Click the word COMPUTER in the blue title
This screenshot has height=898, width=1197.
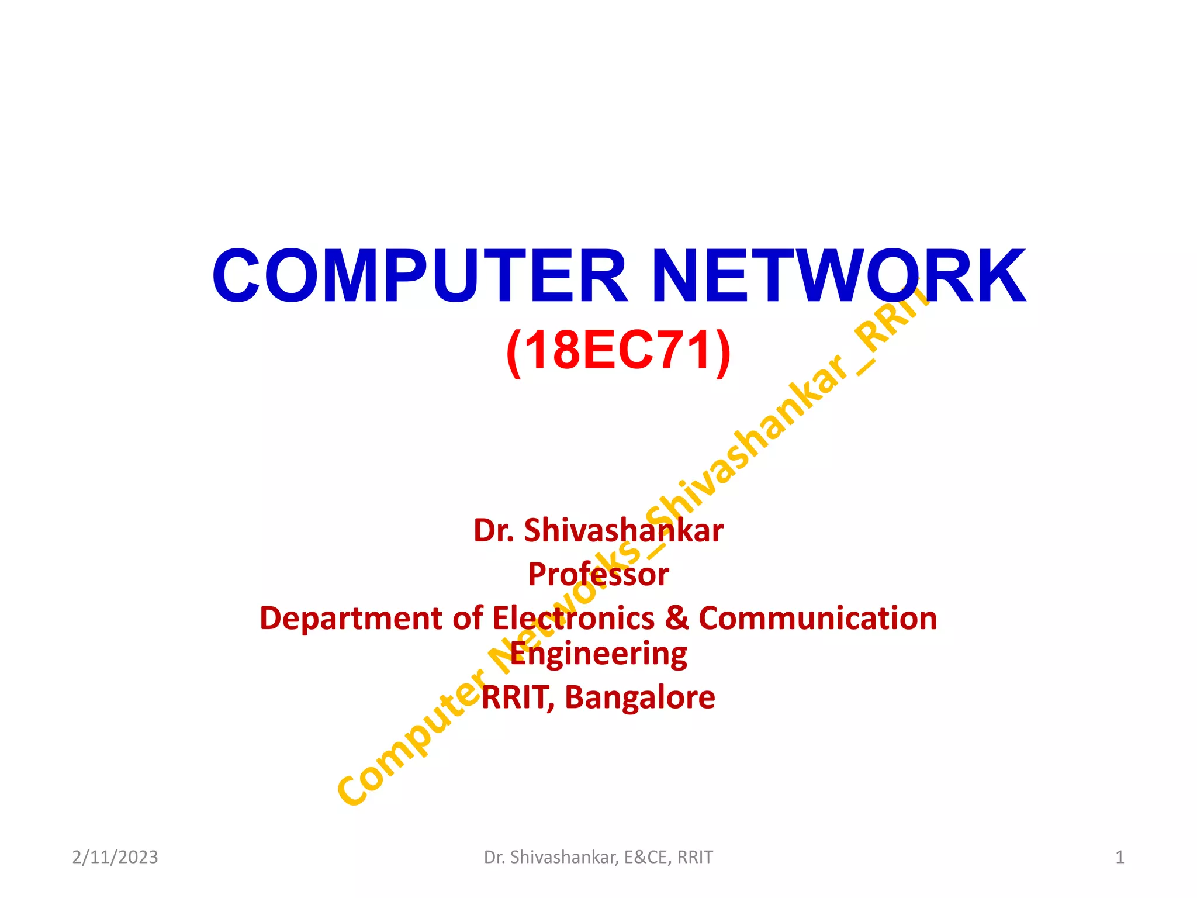(x=419, y=276)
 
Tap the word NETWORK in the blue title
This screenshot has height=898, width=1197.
(x=838, y=276)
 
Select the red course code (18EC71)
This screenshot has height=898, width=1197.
(x=618, y=350)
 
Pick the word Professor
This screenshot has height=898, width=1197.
(x=598, y=574)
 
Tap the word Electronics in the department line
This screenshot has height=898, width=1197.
(x=573, y=619)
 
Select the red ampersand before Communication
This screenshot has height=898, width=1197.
(x=677, y=619)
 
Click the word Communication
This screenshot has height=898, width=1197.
(x=818, y=619)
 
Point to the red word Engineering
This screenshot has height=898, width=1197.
(x=598, y=654)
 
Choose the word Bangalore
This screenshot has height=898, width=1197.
(x=639, y=697)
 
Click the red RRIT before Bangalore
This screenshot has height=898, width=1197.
(x=516, y=697)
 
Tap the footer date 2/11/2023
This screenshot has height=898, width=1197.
(x=115, y=857)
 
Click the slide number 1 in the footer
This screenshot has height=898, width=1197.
(x=1119, y=857)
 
